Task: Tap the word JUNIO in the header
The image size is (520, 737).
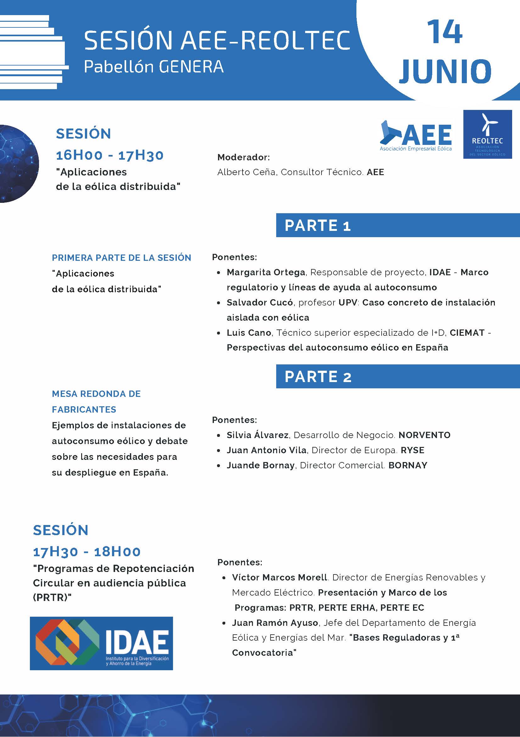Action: [x=445, y=71]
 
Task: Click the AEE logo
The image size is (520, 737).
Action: [x=416, y=136]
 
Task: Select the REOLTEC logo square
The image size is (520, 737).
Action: [x=487, y=134]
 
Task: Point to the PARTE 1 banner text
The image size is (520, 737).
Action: [x=318, y=225]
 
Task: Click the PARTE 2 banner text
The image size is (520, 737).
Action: [x=318, y=376]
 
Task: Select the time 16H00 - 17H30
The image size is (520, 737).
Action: [x=110, y=155]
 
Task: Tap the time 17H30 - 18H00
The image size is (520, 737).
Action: [x=87, y=551]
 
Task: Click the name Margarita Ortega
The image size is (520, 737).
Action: [x=266, y=272]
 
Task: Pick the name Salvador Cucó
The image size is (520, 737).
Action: [x=260, y=302]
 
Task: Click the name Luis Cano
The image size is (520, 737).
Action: [x=249, y=333]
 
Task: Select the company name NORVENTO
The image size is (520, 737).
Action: [x=424, y=435]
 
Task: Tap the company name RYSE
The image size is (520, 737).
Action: [x=413, y=450]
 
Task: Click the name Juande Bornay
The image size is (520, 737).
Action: [x=261, y=465]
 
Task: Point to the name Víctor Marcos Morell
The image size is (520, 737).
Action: [x=280, y=577]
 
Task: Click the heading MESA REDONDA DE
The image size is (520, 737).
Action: [x=96, y=394]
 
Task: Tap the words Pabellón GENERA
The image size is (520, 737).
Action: [x=154, y=67]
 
